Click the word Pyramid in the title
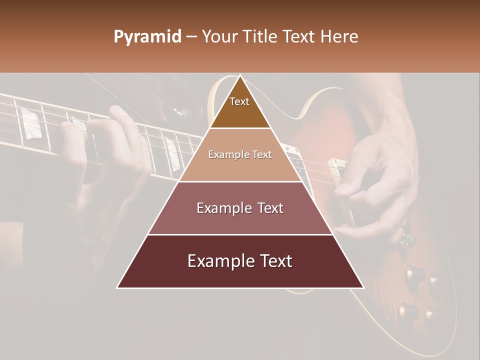(147, 37)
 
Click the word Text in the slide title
(299, 37)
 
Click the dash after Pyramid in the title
(191, 37)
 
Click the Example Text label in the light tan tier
(240, 155)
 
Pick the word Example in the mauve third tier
(223, 208)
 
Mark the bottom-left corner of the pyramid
(117, 287)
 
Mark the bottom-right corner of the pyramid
(363, 287)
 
